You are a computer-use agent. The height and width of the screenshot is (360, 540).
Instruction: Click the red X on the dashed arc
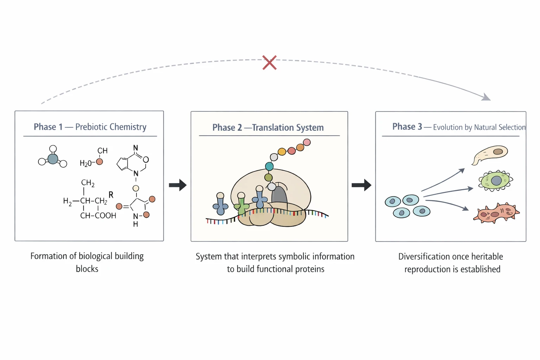click(x=269, y=63)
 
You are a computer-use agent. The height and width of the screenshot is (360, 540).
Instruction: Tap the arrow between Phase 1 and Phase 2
click(x=178, y=185)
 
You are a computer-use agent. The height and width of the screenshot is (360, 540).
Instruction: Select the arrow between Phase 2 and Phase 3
click(x=361, y=185)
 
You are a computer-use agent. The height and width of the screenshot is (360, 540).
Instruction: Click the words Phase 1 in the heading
click(x=48, y=127)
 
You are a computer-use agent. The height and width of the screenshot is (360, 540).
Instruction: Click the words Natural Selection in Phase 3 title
click(x=499, y=127)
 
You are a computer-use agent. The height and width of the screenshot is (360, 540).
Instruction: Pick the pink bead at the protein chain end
click(x=307, y=142)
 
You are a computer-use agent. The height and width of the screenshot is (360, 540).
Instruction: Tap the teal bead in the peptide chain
click(x=269, y=166)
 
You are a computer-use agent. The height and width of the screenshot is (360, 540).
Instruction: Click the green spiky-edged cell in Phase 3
click(x=495, y=181)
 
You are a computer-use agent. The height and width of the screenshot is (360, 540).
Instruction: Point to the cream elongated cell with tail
click(x=491, y=154)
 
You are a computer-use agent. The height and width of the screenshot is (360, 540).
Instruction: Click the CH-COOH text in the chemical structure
click(x=98, y=216)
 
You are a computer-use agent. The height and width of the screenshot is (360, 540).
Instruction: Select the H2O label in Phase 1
click(x=85, y=163)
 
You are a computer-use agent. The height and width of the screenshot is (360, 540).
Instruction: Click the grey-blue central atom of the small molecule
click(x=53, y=159)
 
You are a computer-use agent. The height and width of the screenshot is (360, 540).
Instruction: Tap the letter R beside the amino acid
click(x=111, y=195)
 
